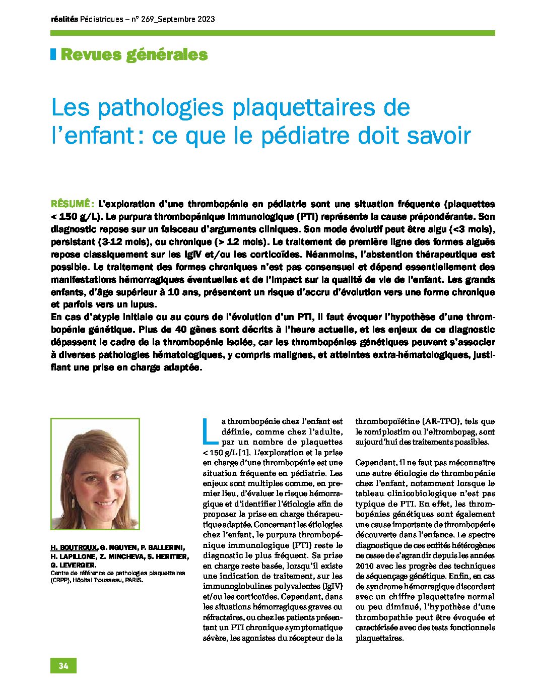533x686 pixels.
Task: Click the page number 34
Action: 63,666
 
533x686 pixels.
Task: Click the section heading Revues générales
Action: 134,54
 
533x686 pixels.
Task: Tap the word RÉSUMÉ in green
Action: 71,204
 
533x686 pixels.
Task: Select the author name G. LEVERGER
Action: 73,566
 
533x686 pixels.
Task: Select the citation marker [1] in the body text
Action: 244,452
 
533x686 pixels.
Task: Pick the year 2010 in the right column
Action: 365,566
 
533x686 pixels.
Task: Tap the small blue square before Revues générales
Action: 53,54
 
